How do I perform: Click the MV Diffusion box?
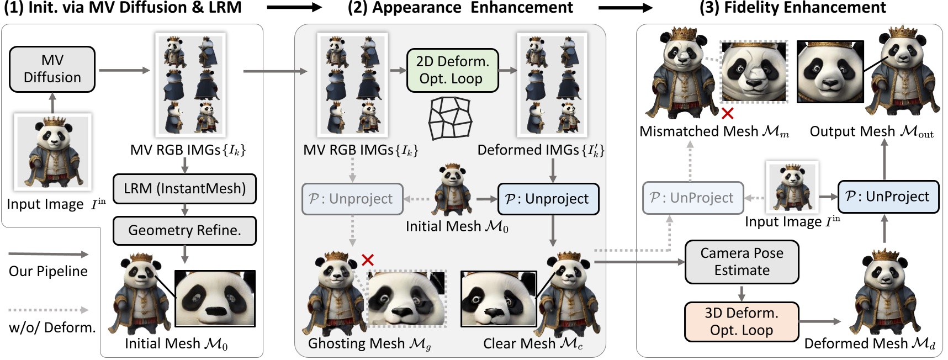point(52,69)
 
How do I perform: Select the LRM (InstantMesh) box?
point(184,189)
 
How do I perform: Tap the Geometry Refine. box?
point(184,230)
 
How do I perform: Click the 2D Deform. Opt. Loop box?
point(452,70)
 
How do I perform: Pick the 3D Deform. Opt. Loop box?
point(741,321)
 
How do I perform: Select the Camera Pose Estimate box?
point(742,262)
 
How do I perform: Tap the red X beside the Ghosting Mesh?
point(368,260)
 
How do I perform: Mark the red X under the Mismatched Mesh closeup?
point(728,114)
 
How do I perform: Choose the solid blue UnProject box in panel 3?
point(888,197)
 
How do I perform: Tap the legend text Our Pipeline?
point(48,271)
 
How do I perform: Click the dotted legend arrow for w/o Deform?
point(49,310)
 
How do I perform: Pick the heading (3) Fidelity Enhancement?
point(792,8)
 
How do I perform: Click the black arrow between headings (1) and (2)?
point(294,8)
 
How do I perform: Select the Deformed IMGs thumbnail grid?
point(552,84)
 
